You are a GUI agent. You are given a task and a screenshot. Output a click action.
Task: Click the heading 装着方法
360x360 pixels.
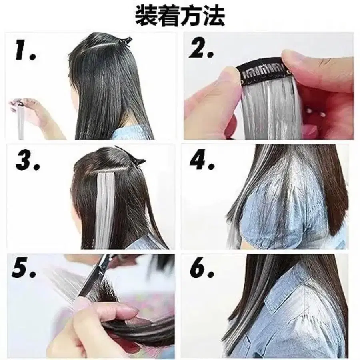tap(180, 16)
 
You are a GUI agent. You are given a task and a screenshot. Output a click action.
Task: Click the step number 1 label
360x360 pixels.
tap(25, 50)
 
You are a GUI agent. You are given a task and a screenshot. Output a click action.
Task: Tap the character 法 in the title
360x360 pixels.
tap(214, 16)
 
